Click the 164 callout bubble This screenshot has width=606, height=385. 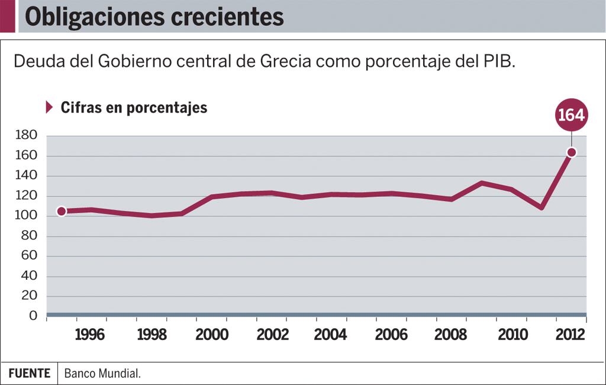[571, 115]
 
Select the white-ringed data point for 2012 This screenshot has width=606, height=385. [572, 153]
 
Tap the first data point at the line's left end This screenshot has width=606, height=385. [61, 211]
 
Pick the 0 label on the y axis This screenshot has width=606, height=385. [34, 316]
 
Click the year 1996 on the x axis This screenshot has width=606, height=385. [89, 335]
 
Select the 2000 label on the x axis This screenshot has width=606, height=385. [212, 335]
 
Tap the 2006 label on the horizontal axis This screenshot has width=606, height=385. [391, 335]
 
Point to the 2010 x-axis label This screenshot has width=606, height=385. [512, 335]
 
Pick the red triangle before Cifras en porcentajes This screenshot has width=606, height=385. [50, 107]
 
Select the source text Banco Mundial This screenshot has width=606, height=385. [102, 374]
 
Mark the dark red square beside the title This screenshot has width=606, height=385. [8, 16]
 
